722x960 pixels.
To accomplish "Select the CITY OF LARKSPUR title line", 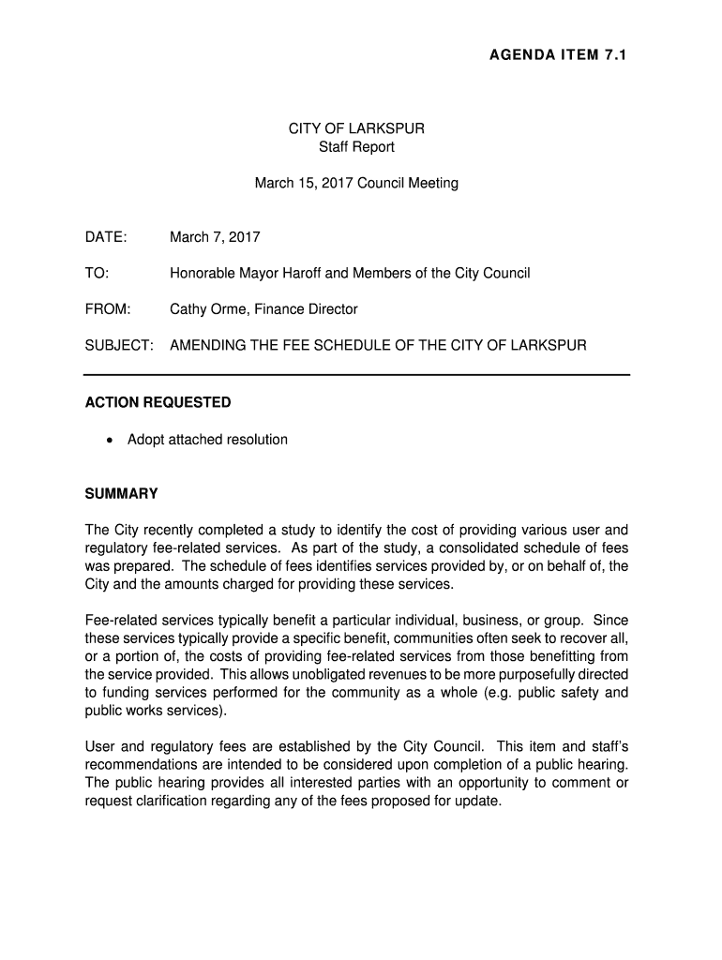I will coord(356,128).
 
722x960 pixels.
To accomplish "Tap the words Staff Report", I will coord(356,147).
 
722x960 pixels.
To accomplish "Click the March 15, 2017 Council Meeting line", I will coord(356,184).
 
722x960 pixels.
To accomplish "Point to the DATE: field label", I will coord(106,237).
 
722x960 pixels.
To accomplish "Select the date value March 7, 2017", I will coord(215,237).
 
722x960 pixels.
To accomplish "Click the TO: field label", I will coord(97,274).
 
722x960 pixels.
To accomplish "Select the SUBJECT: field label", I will coord(119,346).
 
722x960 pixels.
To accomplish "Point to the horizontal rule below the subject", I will coord(356,375).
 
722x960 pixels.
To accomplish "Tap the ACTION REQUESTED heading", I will coord(158,403).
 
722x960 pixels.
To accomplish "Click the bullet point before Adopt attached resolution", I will coord(112,440).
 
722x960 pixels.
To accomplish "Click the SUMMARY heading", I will coord(122,494).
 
